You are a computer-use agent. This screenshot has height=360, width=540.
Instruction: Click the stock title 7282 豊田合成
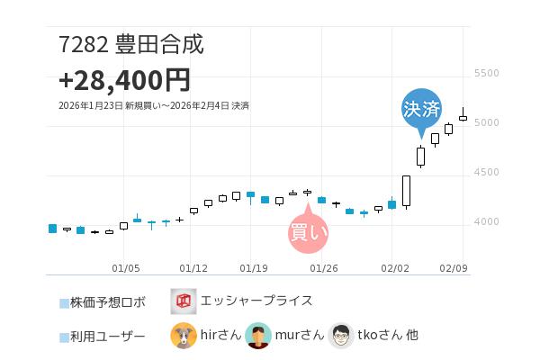click(x=131, y=44)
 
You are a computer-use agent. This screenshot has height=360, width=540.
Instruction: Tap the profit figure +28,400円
click(x=124, y=80)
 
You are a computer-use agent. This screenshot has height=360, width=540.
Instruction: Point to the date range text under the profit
click(x=153, y=106)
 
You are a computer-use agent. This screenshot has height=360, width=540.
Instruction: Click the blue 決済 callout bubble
click(x=421, y=110)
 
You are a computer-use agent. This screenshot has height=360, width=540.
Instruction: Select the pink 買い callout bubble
click(x=308, y=232)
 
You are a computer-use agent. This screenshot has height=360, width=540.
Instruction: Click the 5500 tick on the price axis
click(x=486, y=73)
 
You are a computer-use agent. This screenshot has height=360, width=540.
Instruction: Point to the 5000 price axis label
click(x=486, y=122)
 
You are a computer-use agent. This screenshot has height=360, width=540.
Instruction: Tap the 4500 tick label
click(x=486, y=172)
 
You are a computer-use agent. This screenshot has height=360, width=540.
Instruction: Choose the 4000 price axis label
click(x=486, y=221)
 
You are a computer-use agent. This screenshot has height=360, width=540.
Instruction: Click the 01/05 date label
click(x=126, y=267)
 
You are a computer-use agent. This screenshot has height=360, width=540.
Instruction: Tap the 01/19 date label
click(x=255, y=267)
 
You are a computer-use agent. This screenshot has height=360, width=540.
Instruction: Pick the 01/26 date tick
click(x=323, y=267)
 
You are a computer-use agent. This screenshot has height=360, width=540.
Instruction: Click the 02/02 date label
click(x=395, y=267)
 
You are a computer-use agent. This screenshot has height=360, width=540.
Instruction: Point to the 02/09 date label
click(x=454, y=267)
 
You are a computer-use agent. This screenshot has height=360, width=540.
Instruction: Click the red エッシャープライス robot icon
click(x=184, y=301)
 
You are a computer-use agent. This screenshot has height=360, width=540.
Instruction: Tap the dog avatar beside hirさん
click(x=184, y=336)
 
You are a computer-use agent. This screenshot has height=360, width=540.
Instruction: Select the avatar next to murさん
click(x=258, y=336)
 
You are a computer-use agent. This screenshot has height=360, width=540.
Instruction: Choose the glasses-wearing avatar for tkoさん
click(x=341, y=336)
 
